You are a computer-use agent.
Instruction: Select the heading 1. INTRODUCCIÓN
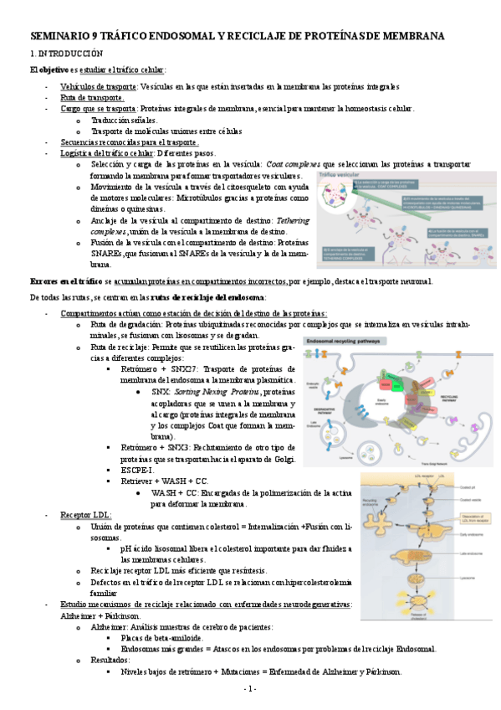tap(66, 53)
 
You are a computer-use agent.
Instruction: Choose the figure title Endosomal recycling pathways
tap(342, 341)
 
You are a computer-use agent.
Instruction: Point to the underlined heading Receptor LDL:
tap(85, 514)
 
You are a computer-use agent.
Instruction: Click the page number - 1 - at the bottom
tap(250, 688)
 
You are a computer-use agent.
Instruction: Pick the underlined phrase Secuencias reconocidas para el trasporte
tap(129, 142)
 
